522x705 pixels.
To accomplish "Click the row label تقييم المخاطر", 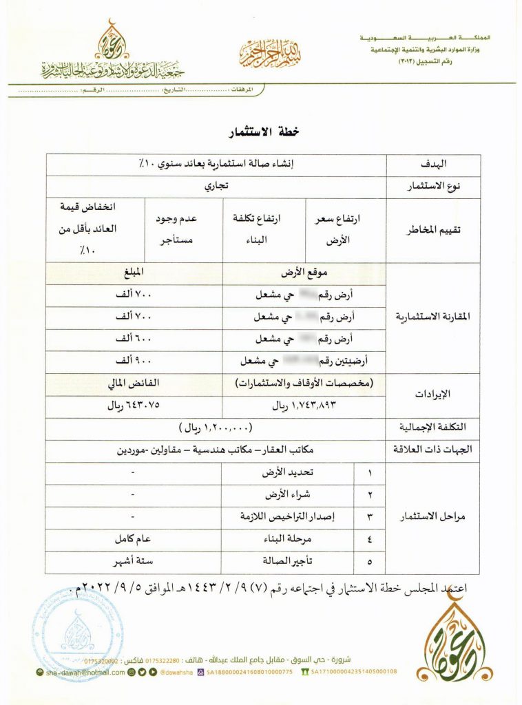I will pos(433,229).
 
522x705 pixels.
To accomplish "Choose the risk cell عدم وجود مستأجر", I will pos(184,229).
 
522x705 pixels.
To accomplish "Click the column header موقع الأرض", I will pos(306,272).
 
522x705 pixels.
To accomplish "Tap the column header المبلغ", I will pos(134,272).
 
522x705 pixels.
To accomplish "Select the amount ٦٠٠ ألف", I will pos(134,339).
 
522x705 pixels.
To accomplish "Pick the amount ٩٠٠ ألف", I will pos(134,361).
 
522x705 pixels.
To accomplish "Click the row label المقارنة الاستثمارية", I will pos(433,317).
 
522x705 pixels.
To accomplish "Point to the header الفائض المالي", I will pos(134,383).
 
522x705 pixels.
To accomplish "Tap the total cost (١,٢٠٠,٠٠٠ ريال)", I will pos(216,428).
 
